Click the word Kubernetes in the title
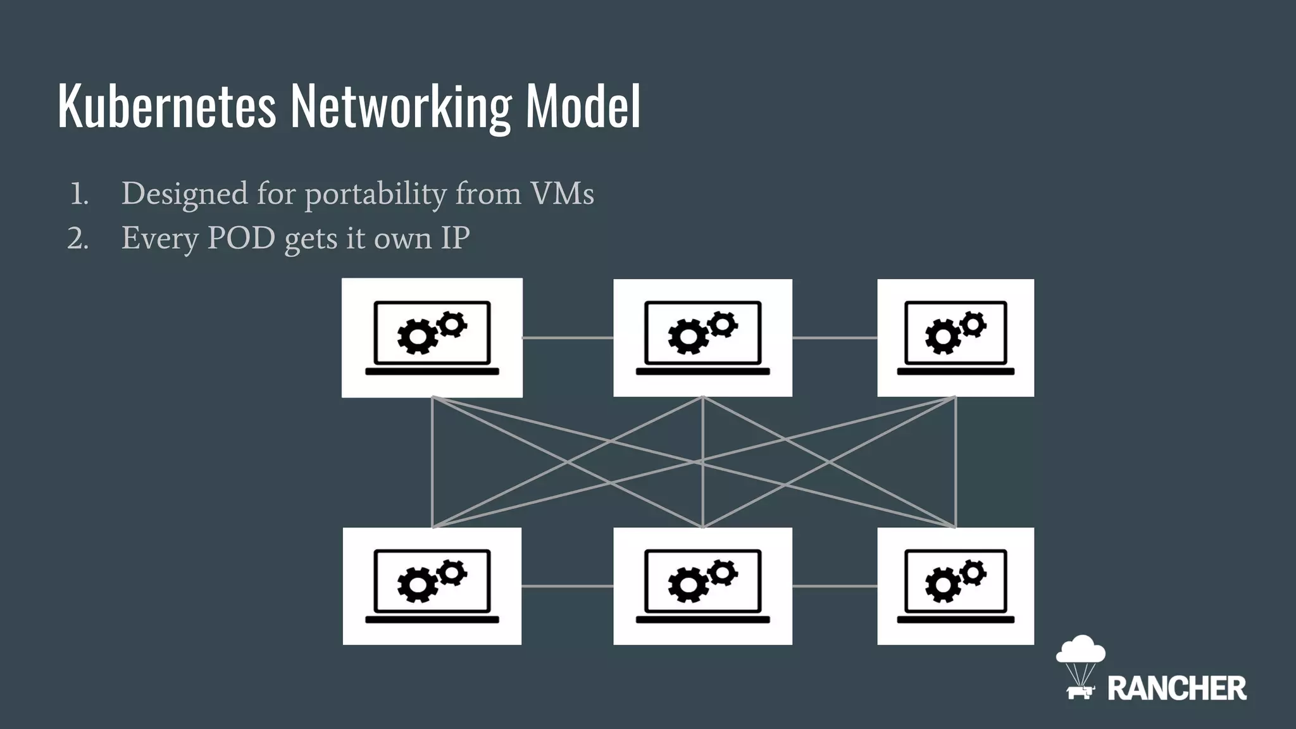[167, 106]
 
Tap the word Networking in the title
[401, 106]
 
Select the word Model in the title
[583, 106]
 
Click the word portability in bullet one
[376, 194]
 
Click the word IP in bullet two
[455, 239]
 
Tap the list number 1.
[79, 194]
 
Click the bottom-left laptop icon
[432, 586]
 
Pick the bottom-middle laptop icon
[702, 586]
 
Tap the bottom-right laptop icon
[956, 586]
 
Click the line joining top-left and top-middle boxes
[568, 338]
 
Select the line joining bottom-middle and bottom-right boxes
[835, 587]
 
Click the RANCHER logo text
[1176, 688]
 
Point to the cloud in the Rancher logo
[1081, 650]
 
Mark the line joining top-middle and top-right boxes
[835, 338]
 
